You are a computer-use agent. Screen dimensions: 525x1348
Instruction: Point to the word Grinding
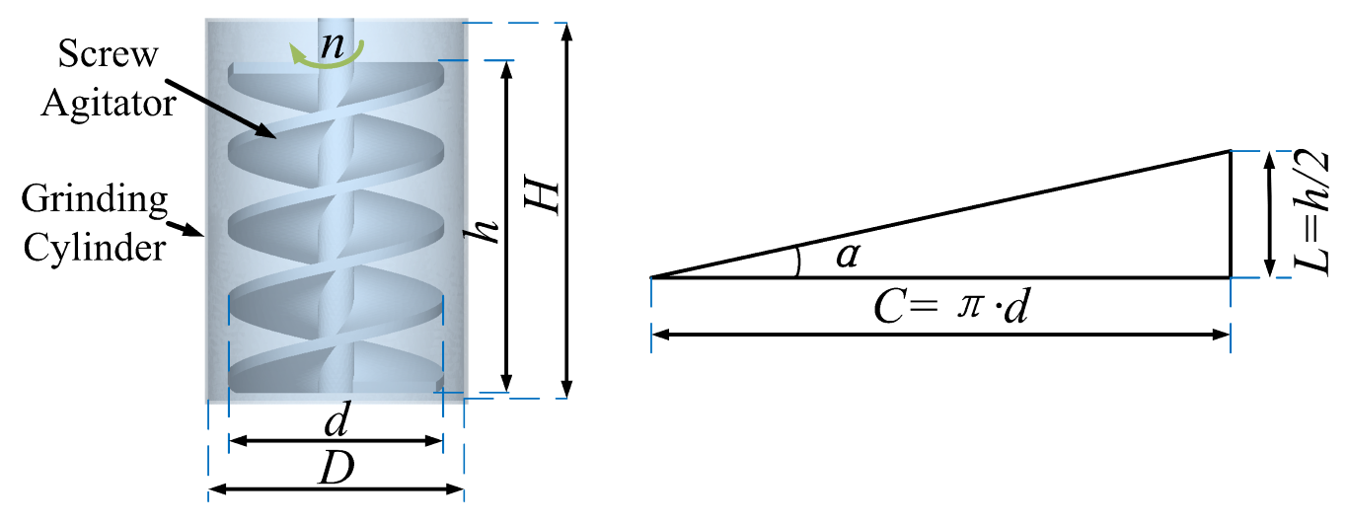coord(97,200)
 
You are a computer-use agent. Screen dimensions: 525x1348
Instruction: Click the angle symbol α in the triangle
coord(845,257)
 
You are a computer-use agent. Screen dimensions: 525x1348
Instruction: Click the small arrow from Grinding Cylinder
coord(188,230)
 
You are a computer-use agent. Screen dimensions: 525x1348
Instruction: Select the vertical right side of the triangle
coord(1230,214)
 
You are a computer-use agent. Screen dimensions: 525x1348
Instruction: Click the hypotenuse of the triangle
coord(937,214)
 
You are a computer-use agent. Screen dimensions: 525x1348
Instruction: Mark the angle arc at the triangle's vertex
coord(798,262)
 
